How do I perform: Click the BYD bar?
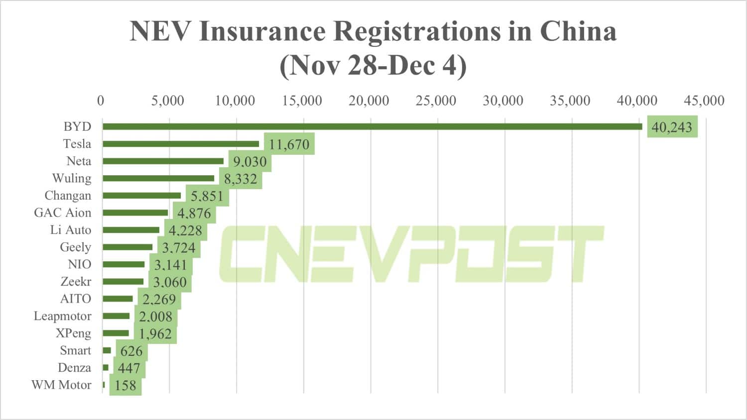tap(373, 127)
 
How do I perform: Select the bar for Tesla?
tap(181, 144)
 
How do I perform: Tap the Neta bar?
tap(163, 161)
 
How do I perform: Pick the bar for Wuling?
tap(158, 178)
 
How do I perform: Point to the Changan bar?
tap(142, 196)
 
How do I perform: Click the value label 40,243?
tap(672, 127)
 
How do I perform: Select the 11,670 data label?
tap(289, 144)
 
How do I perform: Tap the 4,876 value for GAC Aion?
tap(194, 213)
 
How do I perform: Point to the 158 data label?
tap(125, 386)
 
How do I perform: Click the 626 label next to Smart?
tap(131, 351)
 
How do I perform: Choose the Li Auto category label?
tap(71, 230)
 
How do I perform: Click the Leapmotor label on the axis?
tap(62, 316)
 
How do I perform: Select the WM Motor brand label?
tap(61, 385)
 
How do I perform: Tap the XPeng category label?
tap(73, 333)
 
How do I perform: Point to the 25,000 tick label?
tap(436, 101)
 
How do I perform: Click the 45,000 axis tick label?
tap(704, 101)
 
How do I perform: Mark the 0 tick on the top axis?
tap(101, 101)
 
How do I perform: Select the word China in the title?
tap(578, 31)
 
